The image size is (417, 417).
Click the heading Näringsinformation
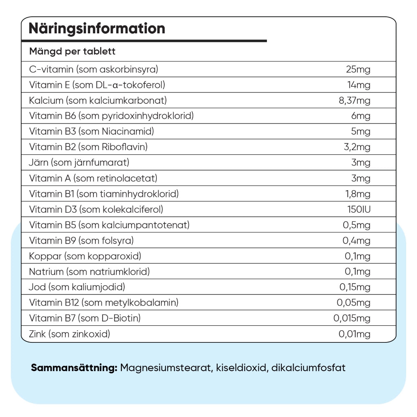pos(97,29)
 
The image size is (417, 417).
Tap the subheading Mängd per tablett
pos(72,52)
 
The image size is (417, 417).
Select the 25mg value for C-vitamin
pos(358,69)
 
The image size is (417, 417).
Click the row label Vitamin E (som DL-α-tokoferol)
pos(97,85)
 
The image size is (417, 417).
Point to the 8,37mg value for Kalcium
pos(354,100)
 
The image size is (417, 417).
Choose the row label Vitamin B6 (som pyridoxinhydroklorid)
pos(111,116)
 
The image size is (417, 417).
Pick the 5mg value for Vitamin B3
pos(361,132)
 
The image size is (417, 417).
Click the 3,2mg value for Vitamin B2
pos(357,147)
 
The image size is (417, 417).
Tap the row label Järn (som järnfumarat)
pos(79,163)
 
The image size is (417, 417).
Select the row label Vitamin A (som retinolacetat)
pos(93,178)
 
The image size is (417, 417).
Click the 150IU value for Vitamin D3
pos(359,209)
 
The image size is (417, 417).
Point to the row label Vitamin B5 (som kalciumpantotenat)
pos(109,225)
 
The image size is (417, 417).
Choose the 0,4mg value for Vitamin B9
pos(357,241)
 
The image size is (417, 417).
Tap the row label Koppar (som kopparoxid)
pos(85,256)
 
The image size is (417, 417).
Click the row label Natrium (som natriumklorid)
pos(89,272)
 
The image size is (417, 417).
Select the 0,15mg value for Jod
pos(355,287)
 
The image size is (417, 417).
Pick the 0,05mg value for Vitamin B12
pos(353,303)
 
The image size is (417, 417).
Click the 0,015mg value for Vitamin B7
pos(352,319)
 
